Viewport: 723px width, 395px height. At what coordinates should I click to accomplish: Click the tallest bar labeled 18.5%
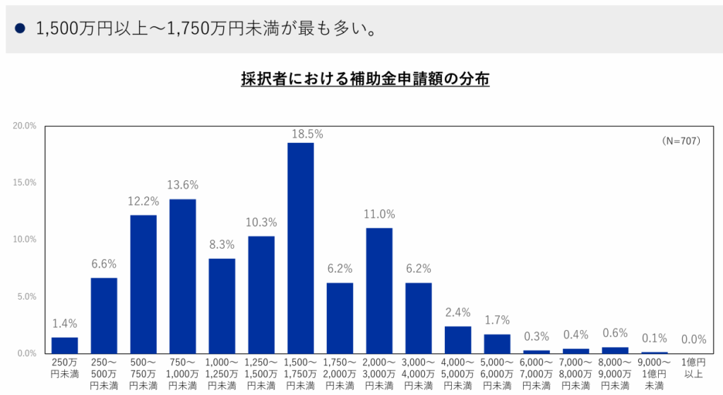[x=300, y=248]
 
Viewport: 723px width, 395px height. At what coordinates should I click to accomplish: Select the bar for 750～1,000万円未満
[x=182, y=276]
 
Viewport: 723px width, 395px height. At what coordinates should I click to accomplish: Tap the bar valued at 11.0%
[x=379, y=290]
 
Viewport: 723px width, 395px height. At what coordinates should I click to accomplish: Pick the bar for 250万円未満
[x=65, y=346]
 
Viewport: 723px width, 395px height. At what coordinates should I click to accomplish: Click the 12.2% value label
[x=143, y=201]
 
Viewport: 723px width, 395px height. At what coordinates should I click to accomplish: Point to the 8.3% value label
[x=222, y=246]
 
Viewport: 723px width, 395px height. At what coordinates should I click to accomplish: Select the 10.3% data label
[x=261, y=223]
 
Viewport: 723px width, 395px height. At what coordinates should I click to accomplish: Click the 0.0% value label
[x=693, y=340]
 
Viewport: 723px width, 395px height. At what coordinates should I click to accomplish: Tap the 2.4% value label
[x=458, y=313]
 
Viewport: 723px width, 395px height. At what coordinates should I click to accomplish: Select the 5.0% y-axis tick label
[x=26, y=297]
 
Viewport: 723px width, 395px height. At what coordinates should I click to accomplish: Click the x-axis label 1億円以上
[x=693, y=369]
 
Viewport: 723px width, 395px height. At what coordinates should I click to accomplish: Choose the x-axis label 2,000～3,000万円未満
[x=379, y=374]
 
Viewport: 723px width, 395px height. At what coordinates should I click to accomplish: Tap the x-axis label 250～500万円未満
[x=104, y=374]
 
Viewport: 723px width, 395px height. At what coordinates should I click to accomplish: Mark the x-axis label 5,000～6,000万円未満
[x=497, y=374]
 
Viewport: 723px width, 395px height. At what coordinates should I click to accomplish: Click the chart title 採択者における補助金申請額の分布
[x=365, y=79]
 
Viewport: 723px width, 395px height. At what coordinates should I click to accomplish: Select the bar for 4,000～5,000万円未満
[x=458, y=340]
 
